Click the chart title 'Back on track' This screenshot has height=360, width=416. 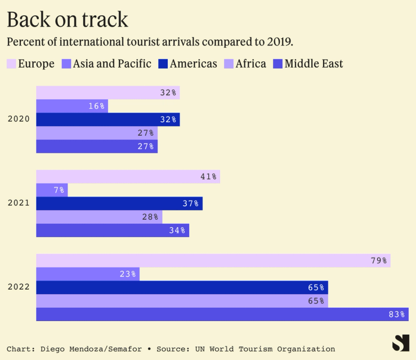pos(67,20)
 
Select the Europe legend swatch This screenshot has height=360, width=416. pos(11,64)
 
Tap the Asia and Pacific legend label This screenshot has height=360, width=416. pos(112,64)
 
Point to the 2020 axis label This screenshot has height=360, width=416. pos(19,119)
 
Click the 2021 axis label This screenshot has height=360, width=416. pos(19,203)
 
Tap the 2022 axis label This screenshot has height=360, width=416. pos(19,287)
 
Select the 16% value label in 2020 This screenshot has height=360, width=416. pos(96,106)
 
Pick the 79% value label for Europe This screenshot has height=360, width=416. pos(378,260)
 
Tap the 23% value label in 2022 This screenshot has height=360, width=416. pos(128,274)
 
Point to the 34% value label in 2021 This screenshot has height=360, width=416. pos(177,230)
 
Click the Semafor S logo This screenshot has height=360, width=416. pos(400,343)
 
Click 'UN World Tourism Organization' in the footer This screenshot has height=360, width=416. pos(265,349)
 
